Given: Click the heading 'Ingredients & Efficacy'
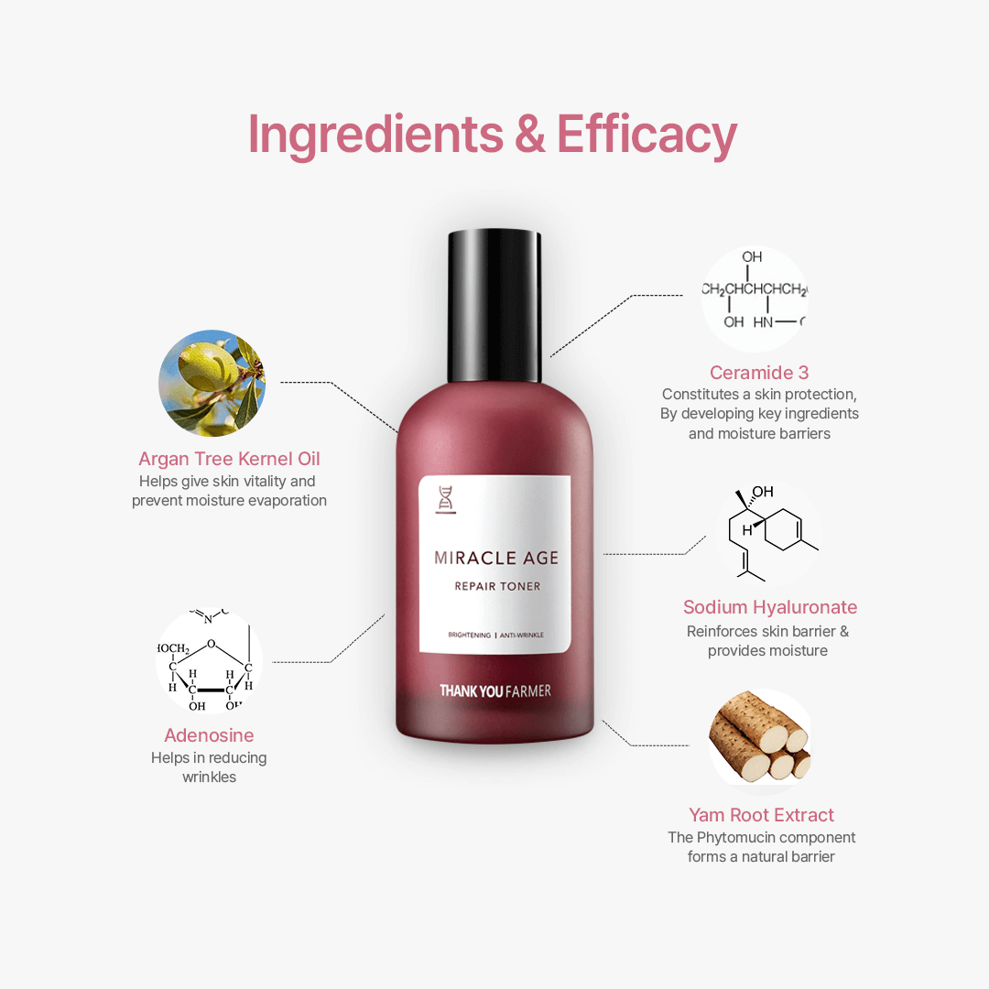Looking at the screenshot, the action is click(x=493, y=135).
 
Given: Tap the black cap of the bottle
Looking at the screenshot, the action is click(x=494, y=306).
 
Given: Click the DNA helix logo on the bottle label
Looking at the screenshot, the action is click(x=446, y=500).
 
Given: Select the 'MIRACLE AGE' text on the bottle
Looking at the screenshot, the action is click(x=496, y=558).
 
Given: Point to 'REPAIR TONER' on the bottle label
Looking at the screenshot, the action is click(x=497, y=586).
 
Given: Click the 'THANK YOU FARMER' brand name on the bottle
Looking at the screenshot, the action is click(x=495, y=691).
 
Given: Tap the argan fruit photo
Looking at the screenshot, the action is click(x=212, y=383).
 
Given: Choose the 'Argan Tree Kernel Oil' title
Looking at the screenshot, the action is click(x=230, y=459).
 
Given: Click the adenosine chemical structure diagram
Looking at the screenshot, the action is click(x=209, y=661).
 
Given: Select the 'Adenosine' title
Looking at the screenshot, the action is click(x=209, y=734).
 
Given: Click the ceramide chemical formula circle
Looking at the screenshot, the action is click(x=755, y=299).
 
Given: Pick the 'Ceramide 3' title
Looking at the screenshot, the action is click(x=759, y=373).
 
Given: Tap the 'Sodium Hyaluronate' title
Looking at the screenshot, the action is click(x=770, y=607).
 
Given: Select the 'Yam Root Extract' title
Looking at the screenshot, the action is click(x=761, y=815).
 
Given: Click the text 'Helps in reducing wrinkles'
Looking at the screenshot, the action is click(x=209, y=767).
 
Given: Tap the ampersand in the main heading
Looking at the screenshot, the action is click(x=530, y=134).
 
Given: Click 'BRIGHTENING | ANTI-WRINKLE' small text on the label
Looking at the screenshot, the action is click(x=495, y=636).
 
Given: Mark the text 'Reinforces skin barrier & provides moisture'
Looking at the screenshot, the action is click(x=767, y=641).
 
